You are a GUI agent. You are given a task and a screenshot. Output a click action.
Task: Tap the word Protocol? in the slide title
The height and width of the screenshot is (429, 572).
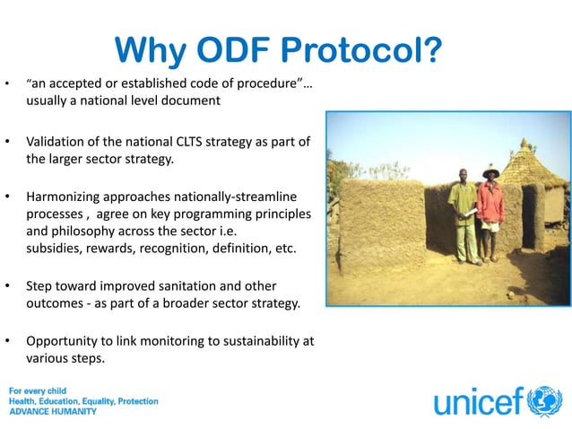(x=367, y=52)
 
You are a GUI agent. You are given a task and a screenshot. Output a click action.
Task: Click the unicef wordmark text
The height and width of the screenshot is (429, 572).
(x=479, y=402)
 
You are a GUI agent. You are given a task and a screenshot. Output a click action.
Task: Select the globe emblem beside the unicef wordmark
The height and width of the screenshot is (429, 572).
(x=544, y=401)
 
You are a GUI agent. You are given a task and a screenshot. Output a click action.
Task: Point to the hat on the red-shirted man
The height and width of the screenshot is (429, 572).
(x=490, y=172)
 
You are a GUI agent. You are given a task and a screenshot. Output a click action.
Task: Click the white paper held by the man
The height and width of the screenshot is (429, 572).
(x=476, y=213)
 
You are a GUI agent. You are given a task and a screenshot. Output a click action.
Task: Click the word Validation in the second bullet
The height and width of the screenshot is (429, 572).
(x=56, y=143)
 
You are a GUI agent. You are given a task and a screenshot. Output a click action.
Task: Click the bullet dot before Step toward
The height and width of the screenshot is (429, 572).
(x=8, y=286)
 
